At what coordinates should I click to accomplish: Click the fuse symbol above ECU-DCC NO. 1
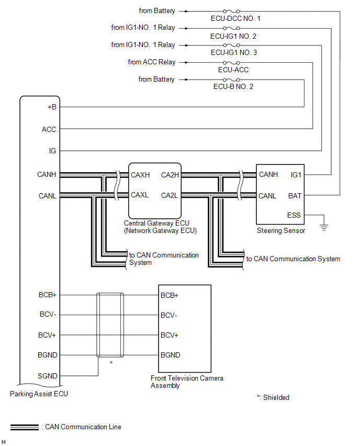click(231, 12)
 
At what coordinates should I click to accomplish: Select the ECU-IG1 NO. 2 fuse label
click(233, 37)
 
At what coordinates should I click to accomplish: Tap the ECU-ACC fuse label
click(233, 70)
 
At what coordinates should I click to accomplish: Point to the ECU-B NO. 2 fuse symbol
click(231, 80)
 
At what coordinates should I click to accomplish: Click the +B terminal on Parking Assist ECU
click(52, 107)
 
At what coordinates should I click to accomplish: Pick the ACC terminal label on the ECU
click(49, 129)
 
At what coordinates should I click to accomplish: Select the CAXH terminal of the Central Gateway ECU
click(140, 175)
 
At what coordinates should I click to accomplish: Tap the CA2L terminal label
click(170, 195)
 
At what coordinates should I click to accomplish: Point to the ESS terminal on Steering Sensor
click(294, 215)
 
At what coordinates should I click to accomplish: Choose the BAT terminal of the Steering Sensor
click(295, 196)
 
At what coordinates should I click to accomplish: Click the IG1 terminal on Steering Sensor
click(296, 175)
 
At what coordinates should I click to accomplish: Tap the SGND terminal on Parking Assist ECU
click(48, 376)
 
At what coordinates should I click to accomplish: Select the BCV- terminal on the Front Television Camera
click(169, 316)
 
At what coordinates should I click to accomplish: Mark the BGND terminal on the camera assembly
click(171, 355)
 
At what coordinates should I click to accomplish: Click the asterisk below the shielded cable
click(111, 363)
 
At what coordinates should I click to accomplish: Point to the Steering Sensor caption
click(281, 231)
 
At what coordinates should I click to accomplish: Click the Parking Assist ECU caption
click(39, 394)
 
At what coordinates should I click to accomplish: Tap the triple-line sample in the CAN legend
click(25, 427)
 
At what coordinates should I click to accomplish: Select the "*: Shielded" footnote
click(273, 398)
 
